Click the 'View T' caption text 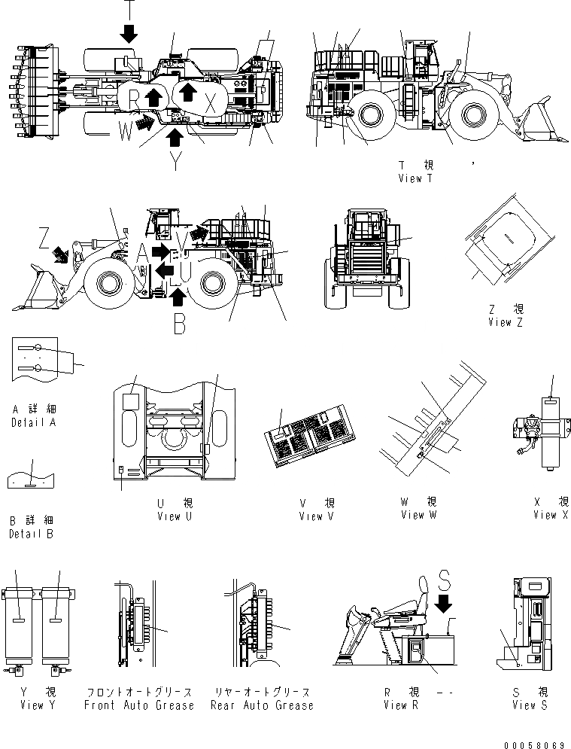coord(415,178)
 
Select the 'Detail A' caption coord(34,422)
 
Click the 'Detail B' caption coord(31,534)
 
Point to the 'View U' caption coord(175,516)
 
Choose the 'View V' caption coord(317,516)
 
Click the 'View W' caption coord(418,515)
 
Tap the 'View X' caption coord(551,515)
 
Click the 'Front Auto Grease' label coord(139,705)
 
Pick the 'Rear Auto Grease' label coord(261,705)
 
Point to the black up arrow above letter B coord(178,299)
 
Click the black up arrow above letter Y coord(175,136)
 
